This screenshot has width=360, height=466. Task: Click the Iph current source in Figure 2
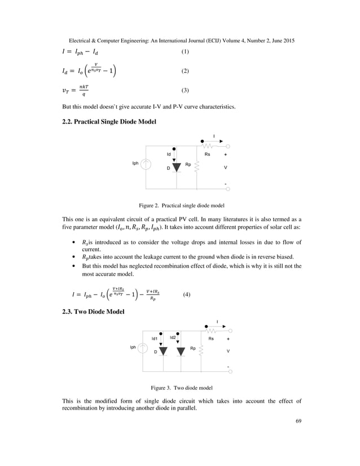[x=146, y=164]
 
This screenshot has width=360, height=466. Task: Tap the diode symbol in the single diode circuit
[x=175, y=167]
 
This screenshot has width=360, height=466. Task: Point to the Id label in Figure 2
[x=169, y=153]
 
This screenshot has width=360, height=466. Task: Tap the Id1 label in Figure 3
[x=155, y=338]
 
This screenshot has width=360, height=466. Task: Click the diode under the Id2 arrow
[x=181, y=351]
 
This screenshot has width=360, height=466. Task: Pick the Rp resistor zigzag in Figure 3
[x=201, y=351]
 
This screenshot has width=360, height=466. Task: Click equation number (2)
[x=185, y=72]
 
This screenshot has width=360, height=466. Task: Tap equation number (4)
[x=188, y=294]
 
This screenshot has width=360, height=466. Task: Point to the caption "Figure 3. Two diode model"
[x=181, y=388]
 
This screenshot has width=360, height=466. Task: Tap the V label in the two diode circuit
[x=228, y=351]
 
